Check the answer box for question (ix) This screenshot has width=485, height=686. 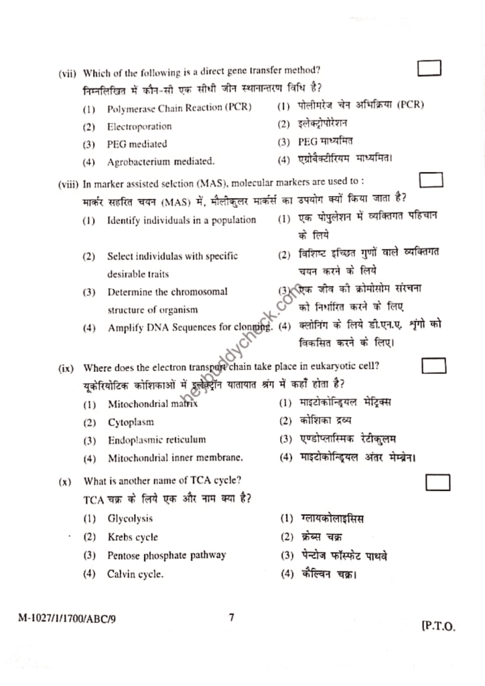[434, 366]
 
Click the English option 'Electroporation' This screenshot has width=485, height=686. [139, 127]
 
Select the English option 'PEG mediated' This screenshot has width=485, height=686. [137, 144]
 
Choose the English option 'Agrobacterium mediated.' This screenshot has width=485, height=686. [161, 161]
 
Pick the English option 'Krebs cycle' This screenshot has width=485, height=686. [133, 537]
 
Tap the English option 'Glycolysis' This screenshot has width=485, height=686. [130, 519]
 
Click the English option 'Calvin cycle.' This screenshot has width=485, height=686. [136, 574]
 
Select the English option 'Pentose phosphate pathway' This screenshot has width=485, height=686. [167, 555]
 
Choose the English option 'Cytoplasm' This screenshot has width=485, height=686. [131, 423]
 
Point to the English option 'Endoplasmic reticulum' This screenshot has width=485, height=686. [157, 440]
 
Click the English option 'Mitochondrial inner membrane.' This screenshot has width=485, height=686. [176, 458]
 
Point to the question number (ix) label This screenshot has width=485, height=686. [66, 368]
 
